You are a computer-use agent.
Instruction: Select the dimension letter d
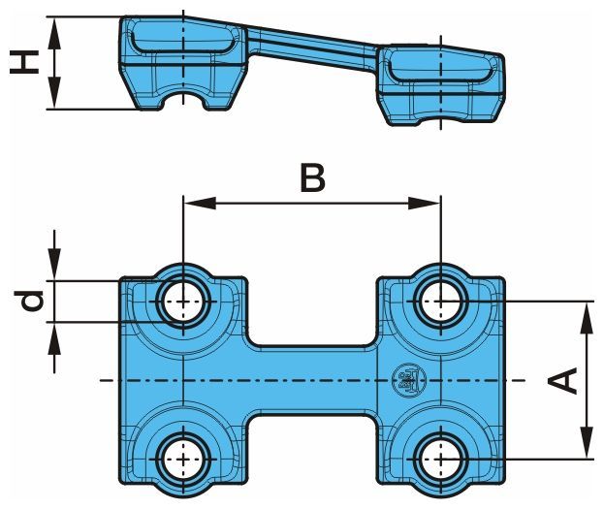[33, 302]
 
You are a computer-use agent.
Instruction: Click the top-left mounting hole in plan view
[182, 301]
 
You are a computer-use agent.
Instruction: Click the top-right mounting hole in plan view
[440, 301]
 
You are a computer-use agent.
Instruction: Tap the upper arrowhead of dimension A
[587, 312]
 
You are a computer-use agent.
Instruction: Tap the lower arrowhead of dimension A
[587, 444]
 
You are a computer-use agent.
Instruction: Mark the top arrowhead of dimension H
[56, 27]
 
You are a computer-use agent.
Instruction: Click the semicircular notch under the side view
[184, 101]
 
